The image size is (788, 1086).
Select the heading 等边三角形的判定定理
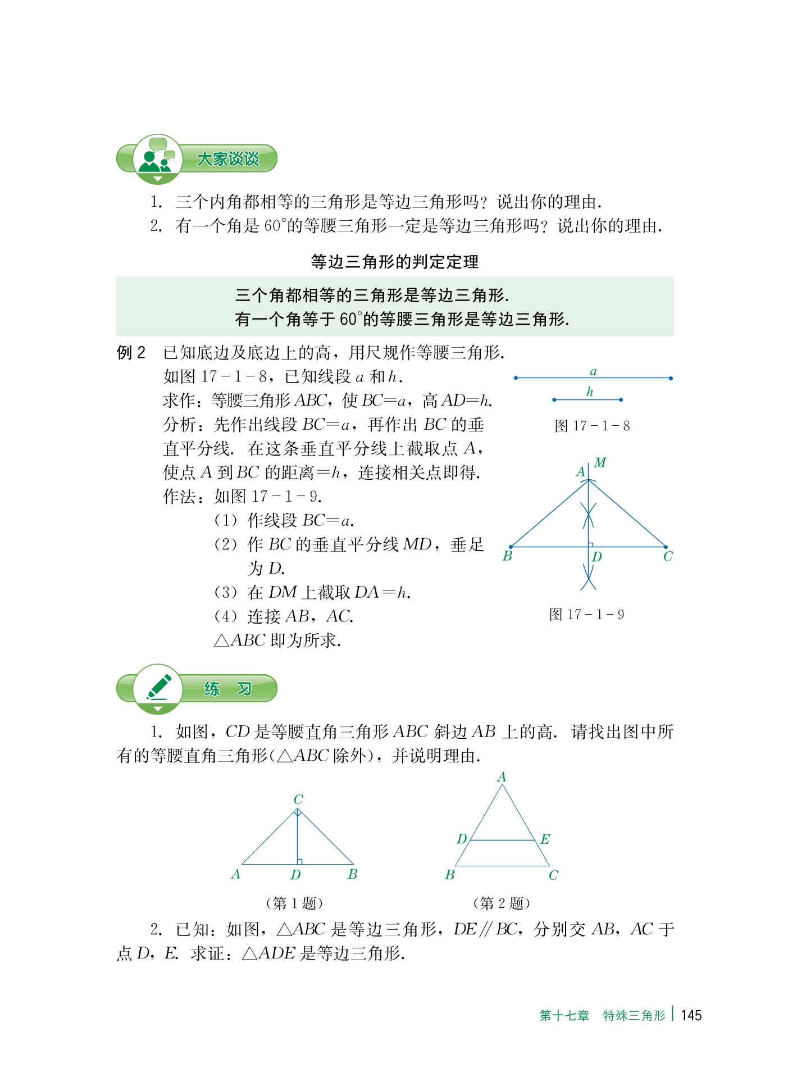coord(394,262)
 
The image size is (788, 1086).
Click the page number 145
coord(691,1015)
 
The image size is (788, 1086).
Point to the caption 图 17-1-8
coord(592,426)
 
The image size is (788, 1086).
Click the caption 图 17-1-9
coord(586,614)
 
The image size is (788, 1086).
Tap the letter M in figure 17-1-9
coord(600,462)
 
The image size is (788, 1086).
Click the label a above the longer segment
coord(593,371)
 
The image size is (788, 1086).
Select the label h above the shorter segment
coord(589,392)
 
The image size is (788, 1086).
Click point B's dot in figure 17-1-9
coord(511,547)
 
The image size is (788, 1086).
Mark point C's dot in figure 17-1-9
coord(666,547)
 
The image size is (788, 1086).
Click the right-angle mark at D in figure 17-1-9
coord(591,544)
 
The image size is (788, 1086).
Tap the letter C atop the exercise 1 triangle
coord(298,799)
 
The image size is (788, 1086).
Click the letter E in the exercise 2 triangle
coord(545,839)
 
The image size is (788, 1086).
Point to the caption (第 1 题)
coord(294,903)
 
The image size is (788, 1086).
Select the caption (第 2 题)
coord(502,903)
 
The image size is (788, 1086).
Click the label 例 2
coord(131,353)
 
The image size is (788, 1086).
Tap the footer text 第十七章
coord(564,1015)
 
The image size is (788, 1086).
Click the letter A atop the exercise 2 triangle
coord(502,777)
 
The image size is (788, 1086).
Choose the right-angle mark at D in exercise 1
coord(300,861)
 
